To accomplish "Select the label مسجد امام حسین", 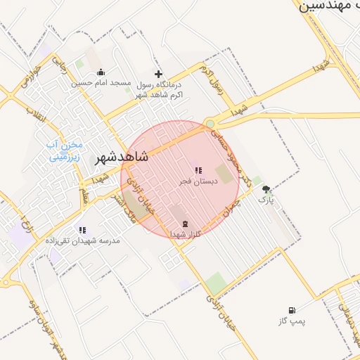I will coord(101,83).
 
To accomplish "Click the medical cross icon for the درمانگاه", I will coord(158,73).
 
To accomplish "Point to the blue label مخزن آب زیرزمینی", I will coord(64,150).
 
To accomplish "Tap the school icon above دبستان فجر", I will coord(198,169).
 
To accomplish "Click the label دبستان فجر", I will coord(198,181).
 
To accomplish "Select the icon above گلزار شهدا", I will coord(175,223).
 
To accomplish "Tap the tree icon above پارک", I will coord(266,189).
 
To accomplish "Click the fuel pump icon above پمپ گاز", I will coord(292,310).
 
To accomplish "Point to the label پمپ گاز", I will coord(292,321).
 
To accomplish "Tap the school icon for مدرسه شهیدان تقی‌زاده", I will coord(82,229).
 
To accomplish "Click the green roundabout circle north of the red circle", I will coord(210,124).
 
